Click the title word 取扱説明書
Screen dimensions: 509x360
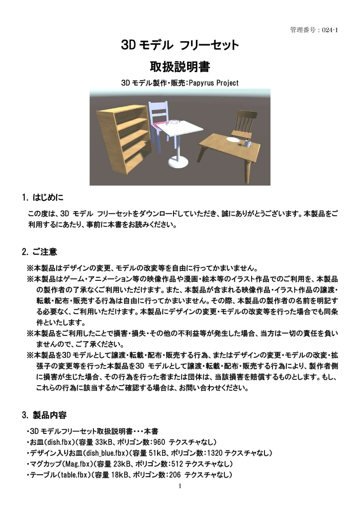coord(180,66)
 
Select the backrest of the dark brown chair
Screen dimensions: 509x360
coord(246,120)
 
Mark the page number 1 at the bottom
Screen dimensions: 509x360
coord(180,486)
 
